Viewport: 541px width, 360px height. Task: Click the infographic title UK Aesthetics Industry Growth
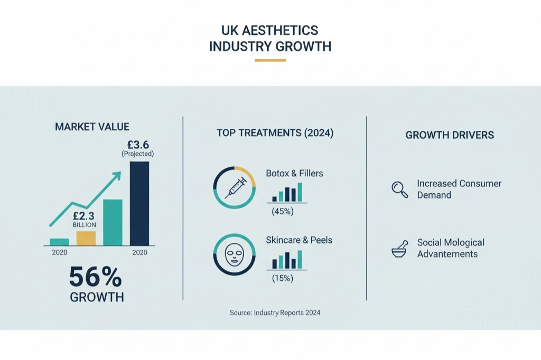click(x=270, y=38)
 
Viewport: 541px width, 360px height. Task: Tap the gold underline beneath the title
click(x=270, y=60)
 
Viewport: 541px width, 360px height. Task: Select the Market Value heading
click(x=92, y=127)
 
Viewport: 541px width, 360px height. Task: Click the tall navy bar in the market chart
click(x=139, y=203)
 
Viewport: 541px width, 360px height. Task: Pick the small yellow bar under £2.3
click(x=86, y=238)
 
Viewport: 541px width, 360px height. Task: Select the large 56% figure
click(x=96, y=277)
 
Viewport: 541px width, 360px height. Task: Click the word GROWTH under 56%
click(x=97, y=297)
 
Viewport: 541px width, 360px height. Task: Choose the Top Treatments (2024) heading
click(x=275, y=133)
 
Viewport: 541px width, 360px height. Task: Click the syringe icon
click(x=235, y=188)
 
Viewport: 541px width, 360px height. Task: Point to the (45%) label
click(x=282, y=212)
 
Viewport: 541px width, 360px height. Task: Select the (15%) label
click(x=282, y=278)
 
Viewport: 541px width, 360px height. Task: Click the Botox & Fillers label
click(x=294, y=173)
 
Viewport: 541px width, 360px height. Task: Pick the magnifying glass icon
click(x=399, y=190)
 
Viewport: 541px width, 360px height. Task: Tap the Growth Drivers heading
click(x=450, y=135)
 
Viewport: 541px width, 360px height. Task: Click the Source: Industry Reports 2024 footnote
click(x=275, y=312)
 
